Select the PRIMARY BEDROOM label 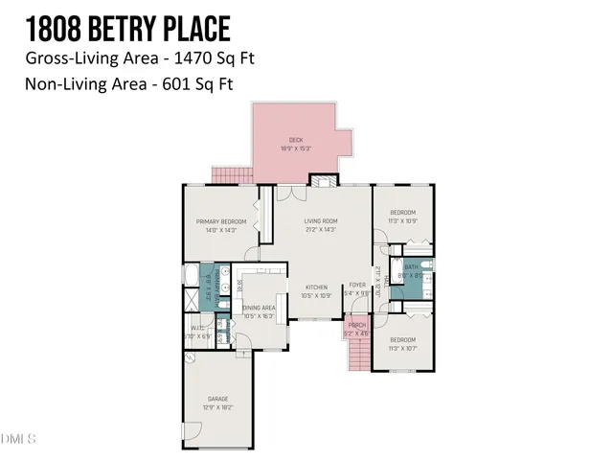[x=221, y=221]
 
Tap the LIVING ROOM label [x=323, y=222]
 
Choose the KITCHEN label [x=317, y=287]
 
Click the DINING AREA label [x=260, y=308]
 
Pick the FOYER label [x=357, y=286]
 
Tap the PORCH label [x=356, y=325]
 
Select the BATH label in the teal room [x=412, y=267]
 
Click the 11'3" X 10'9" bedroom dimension [x=402, y=219]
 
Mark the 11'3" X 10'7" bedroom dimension [x=402, y=348]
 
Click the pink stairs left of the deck [x=230, y=175]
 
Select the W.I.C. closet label [x=200, y=330]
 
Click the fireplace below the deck [x=325, y=180]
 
